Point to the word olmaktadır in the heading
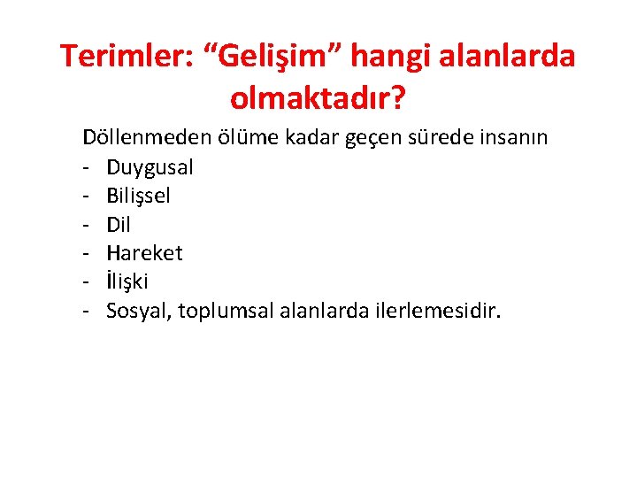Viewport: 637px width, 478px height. click(x=313, y=97)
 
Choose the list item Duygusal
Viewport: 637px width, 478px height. click(x=150, y=167)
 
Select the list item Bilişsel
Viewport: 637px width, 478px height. click(x=139, y=196)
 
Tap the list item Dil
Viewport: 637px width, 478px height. click(x=119, y=225)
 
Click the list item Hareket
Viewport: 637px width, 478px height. click(x=144, y=253)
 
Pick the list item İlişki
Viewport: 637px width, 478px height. click(x=128, y=281)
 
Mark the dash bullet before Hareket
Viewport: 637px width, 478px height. click(x=88, y=253)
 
